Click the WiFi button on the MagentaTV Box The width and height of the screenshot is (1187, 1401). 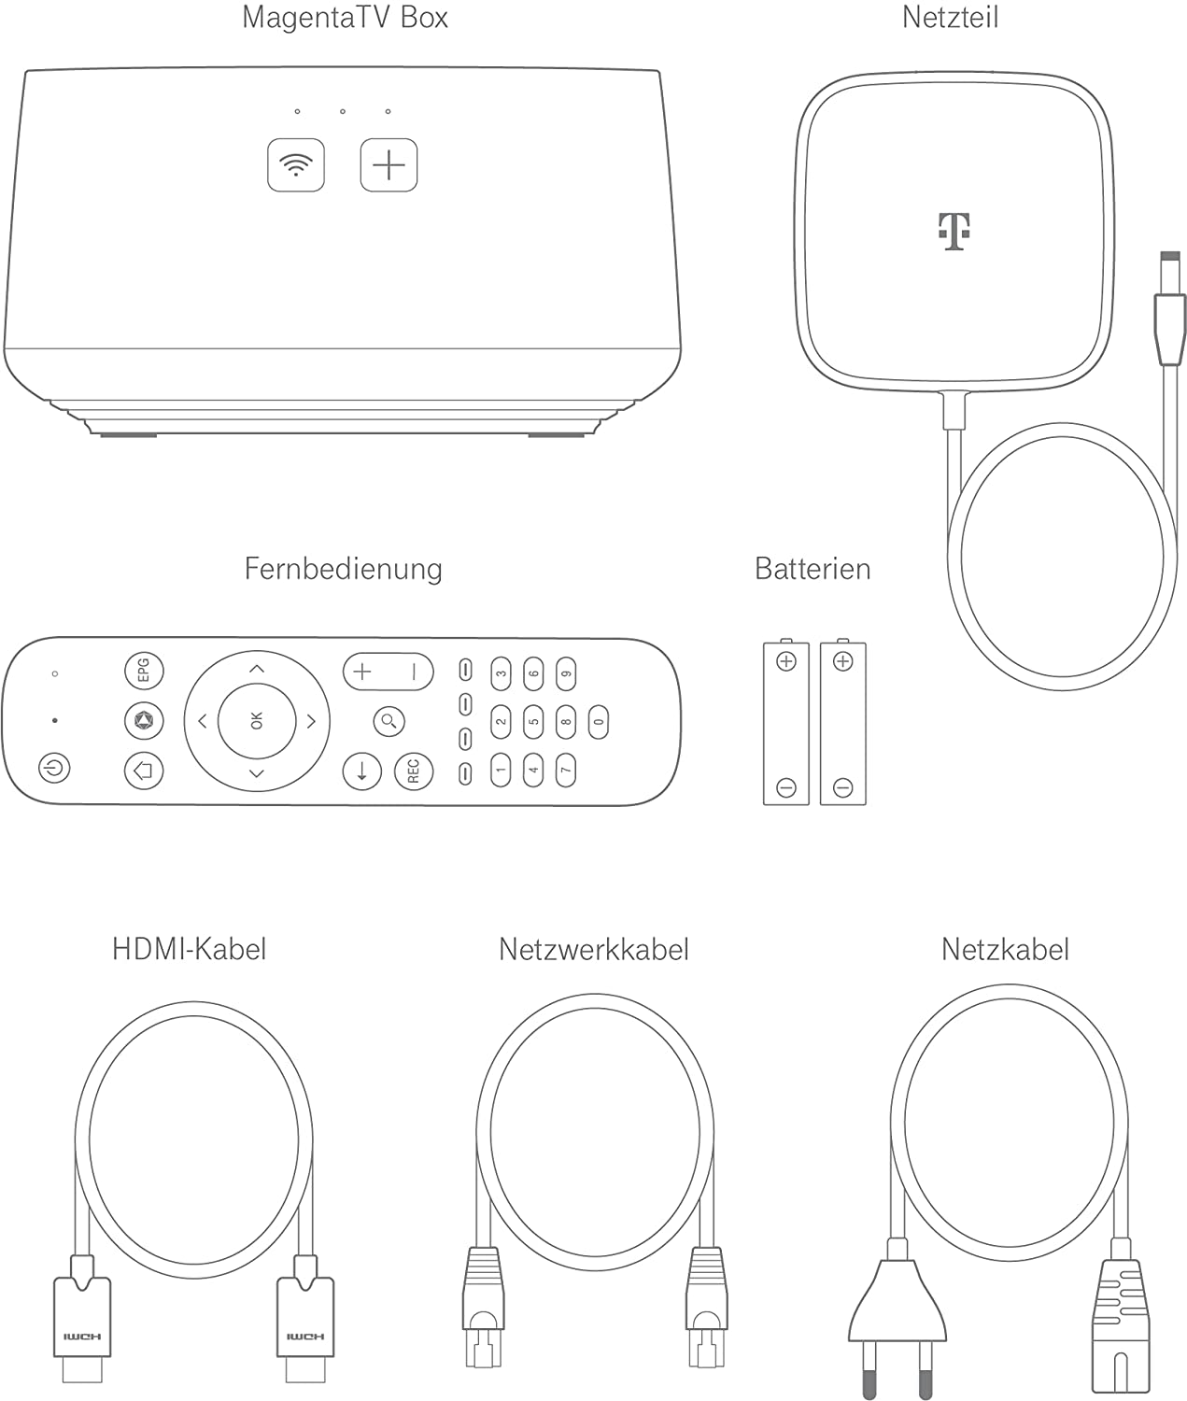click(x=296, y=165)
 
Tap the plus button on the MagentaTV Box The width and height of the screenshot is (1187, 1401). click(x=389, y=165)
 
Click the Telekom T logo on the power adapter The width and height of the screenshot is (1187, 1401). click(x=954, y=231)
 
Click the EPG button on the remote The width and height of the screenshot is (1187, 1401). click(x=144, y=671)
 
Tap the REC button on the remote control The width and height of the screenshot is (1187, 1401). click(x=414, y=771)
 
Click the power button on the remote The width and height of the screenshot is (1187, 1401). click(x=55, y=769)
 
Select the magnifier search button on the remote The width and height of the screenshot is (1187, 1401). click(x=389, y=720)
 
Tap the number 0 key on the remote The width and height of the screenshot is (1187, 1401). click(x=599, y=721)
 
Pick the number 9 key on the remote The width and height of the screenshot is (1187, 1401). click(x=566, y=672)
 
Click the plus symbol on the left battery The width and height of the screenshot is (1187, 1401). click(x=786, y=662)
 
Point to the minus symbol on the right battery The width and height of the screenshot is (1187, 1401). click(x=842, y=787)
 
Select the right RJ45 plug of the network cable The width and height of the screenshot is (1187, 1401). click(x=705, y=1308)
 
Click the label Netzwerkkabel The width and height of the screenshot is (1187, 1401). click(x=593, y=949)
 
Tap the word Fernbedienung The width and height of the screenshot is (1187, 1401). click(x=343, y=568)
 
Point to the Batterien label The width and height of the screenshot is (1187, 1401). click(x=812, y=568)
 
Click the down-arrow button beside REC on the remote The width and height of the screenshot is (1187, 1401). click(x=362, y=771)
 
